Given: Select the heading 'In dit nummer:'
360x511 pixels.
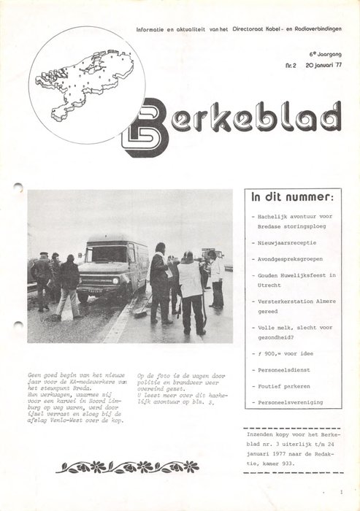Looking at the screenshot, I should pos(293,197).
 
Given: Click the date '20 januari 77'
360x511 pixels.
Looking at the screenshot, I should pos(325,65).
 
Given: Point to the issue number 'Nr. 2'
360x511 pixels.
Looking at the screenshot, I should pos(290,65).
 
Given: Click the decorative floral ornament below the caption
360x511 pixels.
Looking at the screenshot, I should pos(128,466).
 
